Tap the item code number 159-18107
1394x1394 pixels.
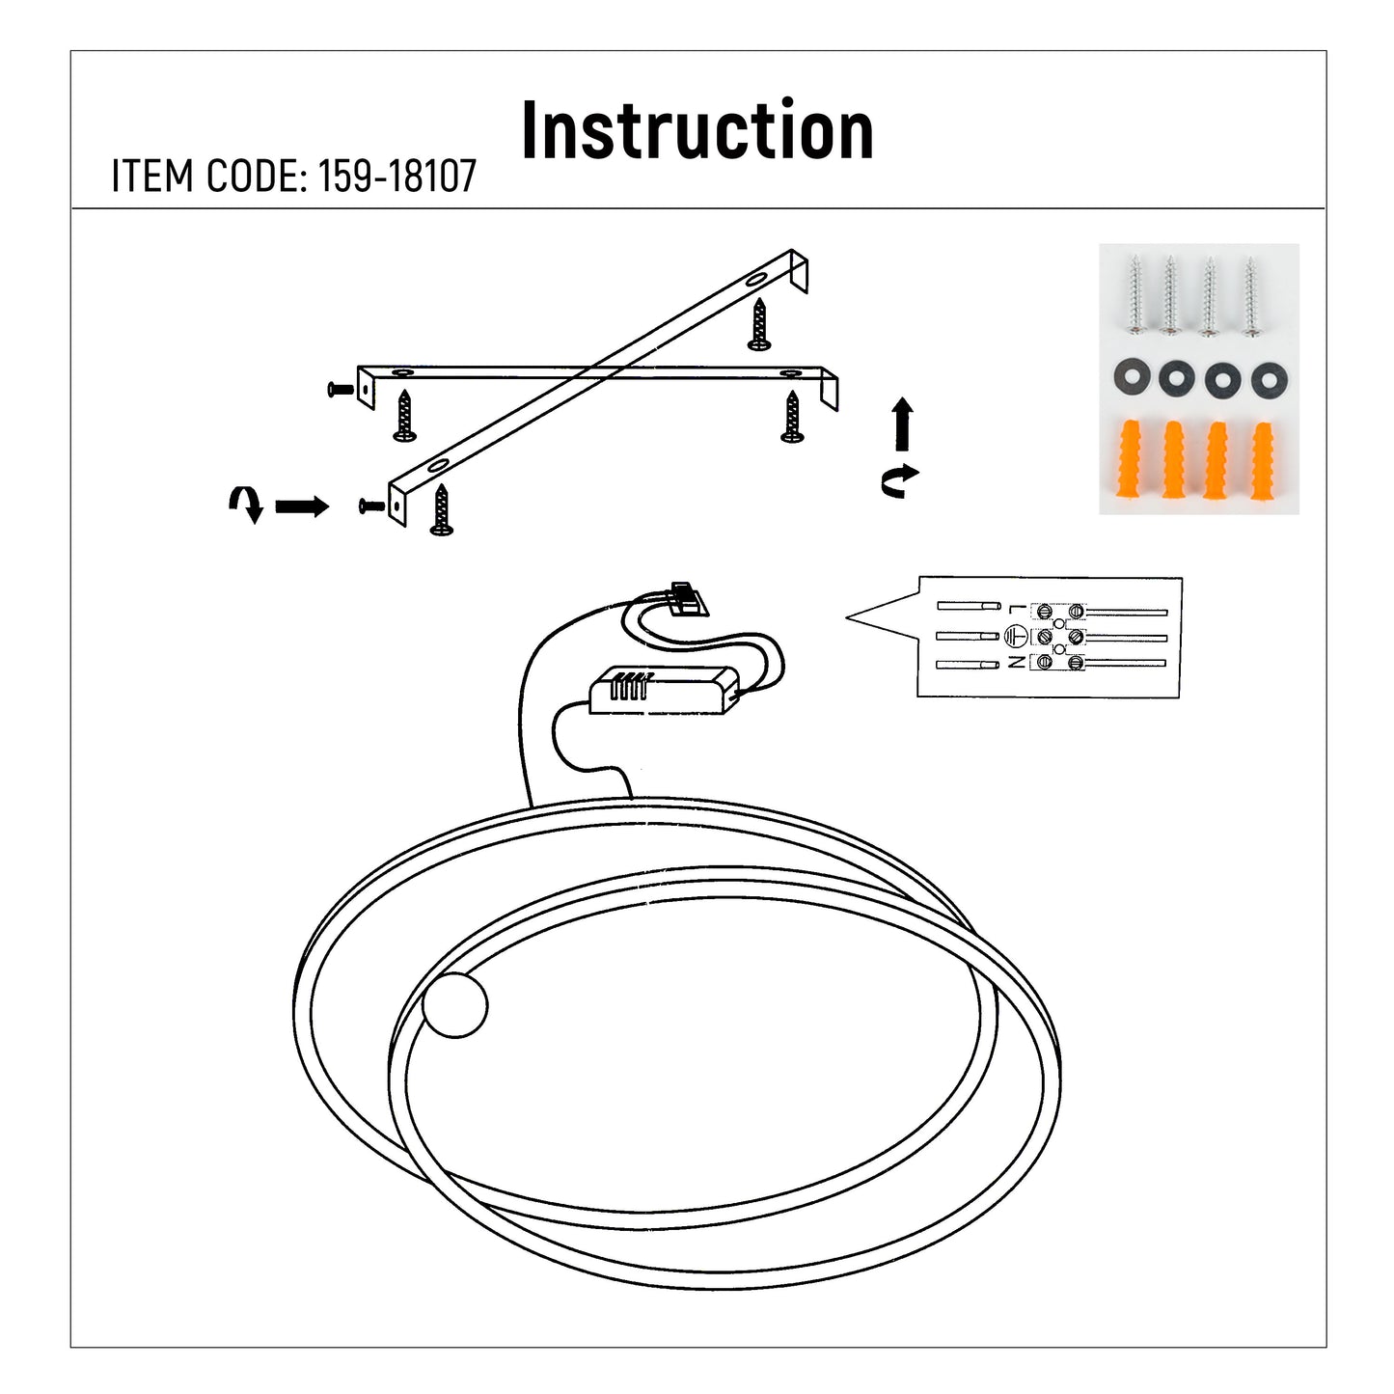click(397, 177)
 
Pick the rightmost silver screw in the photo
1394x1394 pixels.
click(1251, 294)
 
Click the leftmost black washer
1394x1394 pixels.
click(1131, 379)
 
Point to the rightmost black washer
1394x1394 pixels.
click(1268, 380)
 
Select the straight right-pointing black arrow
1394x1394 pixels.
click(302, 506)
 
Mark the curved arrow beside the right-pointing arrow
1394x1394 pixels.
click(246, 503)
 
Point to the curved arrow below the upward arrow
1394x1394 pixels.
click(900, 479)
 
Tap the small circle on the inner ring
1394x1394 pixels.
click(455, 1004)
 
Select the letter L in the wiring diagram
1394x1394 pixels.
click(1013, 610)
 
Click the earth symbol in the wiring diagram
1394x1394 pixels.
click(1014, 636)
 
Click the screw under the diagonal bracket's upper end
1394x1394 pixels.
click(759, 324)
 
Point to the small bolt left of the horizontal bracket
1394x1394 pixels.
click(340, 389)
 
